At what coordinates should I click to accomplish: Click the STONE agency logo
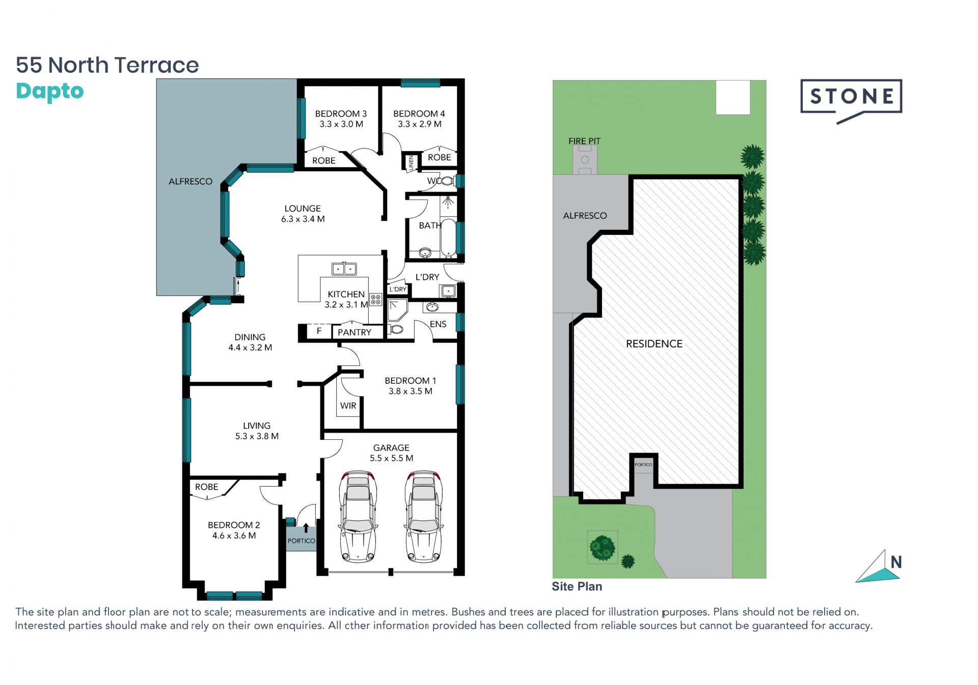tap(851, 100)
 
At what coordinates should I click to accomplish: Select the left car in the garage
tap(358, 516)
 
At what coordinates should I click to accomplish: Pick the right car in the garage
tap(424, 516)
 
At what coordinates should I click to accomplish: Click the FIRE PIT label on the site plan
tap(584, 141)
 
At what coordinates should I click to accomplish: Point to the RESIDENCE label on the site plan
tap(654, 344)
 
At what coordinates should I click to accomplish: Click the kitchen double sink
tap(344, 269)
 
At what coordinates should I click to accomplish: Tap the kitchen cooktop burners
tap(375, 300)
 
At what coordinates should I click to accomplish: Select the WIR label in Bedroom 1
tap(348, 406)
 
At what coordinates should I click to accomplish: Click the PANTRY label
tap(355, 332)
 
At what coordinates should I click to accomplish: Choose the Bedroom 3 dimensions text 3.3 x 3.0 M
tap(341, 124)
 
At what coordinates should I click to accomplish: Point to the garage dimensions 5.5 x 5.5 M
tap(391, 458)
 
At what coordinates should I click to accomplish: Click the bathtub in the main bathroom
tap(448, 238)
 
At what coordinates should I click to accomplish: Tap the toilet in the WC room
tap(446, 180)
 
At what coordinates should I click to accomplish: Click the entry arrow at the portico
tap(306, 528)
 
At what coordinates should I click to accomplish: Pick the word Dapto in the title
tap(50, 92)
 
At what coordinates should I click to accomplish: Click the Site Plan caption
tap(577, 587)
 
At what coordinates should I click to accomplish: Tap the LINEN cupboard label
tap(411, 163)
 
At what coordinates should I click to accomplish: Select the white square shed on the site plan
tap(733, 97)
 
